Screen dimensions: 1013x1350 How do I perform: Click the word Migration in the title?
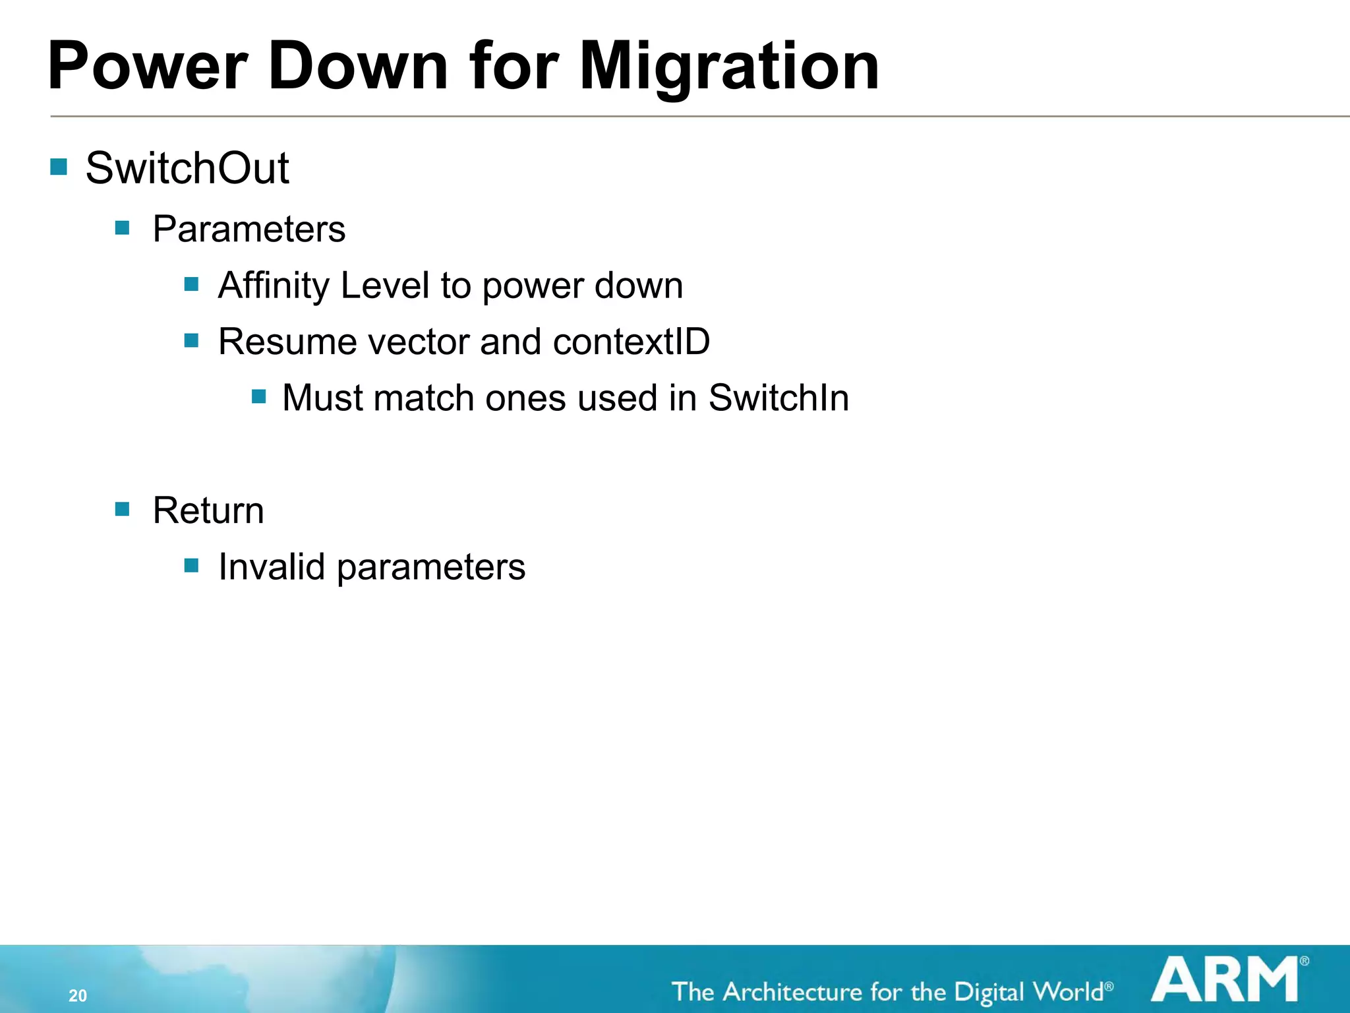728,66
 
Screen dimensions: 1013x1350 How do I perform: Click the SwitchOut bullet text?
187,168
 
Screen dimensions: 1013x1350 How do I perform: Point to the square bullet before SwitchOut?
59,166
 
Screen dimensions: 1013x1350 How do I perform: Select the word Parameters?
249,229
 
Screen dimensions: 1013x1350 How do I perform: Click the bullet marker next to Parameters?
122,228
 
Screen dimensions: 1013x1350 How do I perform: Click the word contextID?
631,342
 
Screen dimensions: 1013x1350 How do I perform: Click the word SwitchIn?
778,398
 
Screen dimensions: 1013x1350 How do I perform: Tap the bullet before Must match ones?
259,396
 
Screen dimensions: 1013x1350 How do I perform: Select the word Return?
208,510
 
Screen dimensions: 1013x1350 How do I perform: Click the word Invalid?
272,567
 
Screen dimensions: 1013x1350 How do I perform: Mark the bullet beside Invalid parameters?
192,565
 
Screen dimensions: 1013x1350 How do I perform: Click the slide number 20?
78,995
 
